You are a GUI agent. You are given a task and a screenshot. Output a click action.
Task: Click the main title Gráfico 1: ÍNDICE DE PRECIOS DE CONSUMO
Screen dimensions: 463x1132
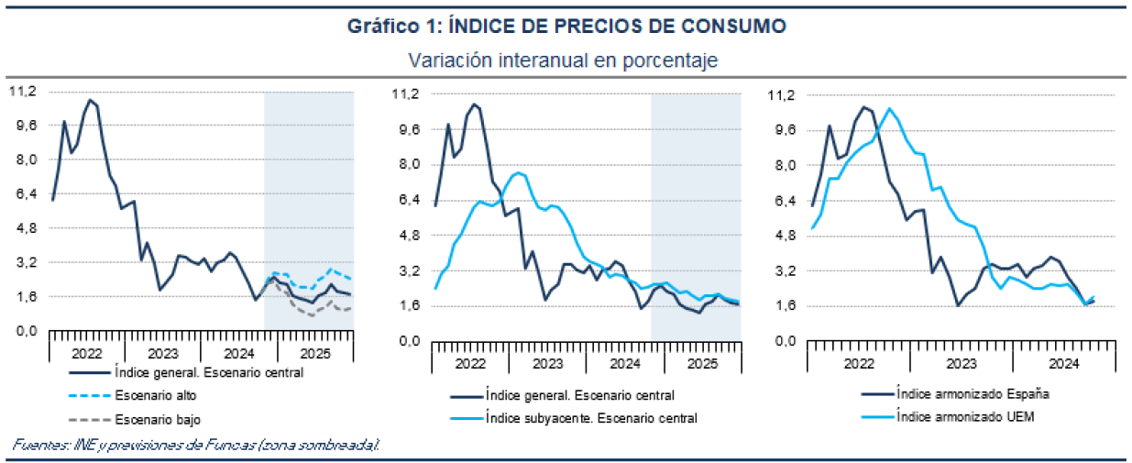pos(566,27)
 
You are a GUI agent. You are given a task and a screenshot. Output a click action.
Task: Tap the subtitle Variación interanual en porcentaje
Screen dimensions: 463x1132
pos(566,60)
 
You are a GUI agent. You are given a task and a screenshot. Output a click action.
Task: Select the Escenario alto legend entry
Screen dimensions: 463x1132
pos(156,396)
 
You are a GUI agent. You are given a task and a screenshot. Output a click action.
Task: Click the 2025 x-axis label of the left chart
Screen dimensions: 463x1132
pos(315,353)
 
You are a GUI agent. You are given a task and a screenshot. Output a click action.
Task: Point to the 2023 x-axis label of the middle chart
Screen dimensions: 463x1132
pos(547,364)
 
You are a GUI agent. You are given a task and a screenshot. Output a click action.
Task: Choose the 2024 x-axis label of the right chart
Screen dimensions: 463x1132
pos(1063,364)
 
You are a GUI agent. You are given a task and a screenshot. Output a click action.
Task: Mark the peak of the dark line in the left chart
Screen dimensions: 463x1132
pos(90,99)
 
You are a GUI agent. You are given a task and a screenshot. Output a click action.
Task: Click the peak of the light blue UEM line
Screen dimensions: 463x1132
pos(888,108)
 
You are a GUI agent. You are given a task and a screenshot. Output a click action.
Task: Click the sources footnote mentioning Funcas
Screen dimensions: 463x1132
pos(195,445)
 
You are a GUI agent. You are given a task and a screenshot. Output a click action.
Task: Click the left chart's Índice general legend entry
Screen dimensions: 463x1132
pos(208,372)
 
